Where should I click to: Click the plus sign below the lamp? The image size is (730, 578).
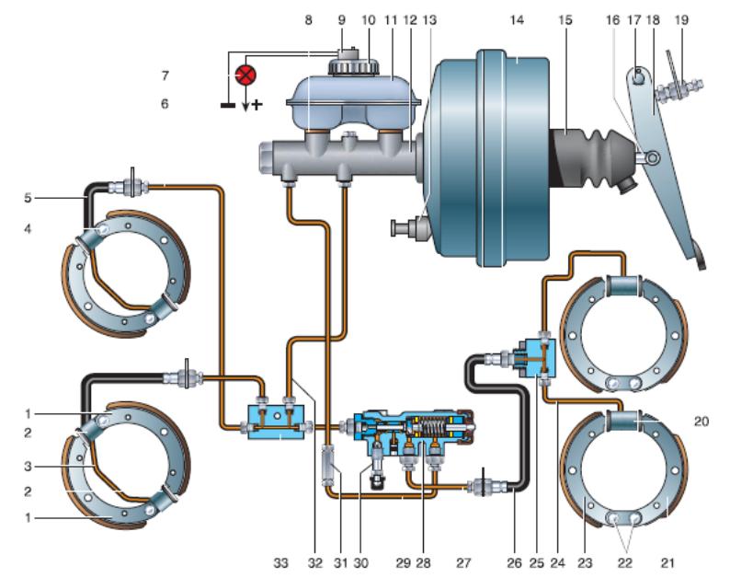257,104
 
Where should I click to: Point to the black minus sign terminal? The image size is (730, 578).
225,104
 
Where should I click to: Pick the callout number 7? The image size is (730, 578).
165,74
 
